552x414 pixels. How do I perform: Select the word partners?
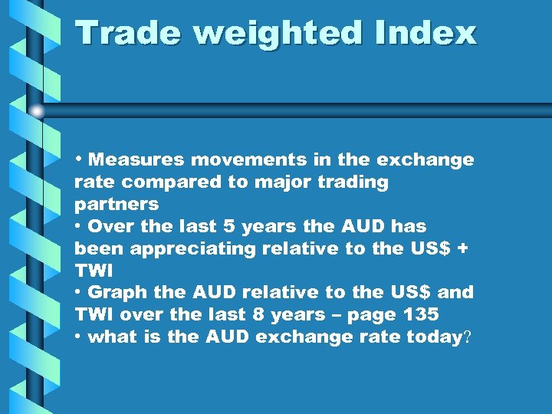tap(117, 205)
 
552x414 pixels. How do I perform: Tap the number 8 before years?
tap(261, 314)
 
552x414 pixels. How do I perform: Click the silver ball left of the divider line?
tap(37, 112)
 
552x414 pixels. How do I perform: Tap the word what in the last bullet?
tap(108, 337)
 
